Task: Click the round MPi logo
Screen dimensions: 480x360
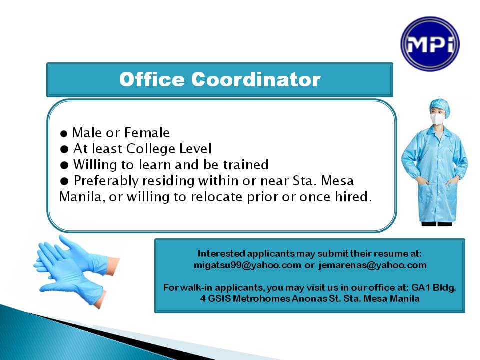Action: (x=430, y=44)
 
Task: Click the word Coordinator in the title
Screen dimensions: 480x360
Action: (x=256, y=79)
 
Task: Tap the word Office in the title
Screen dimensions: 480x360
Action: (x=152, y=79)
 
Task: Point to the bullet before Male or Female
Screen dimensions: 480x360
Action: (x=64, y=134)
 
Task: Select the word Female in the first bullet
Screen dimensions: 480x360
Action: (x=147, y=133)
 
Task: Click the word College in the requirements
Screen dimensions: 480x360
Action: (x=151, y=149)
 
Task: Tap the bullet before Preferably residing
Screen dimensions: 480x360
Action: (x=64, y=181)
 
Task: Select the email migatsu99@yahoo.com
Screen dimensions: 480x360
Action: (x=247, y=265)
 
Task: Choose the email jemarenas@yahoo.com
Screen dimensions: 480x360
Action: (x=372, y=265)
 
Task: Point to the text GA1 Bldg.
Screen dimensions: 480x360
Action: (x=434, y=288)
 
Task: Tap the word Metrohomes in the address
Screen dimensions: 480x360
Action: (x=261, y=298)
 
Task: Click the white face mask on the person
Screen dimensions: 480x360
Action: (x=438, y=119)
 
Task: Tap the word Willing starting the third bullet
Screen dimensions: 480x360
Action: (x=95, y=165)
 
